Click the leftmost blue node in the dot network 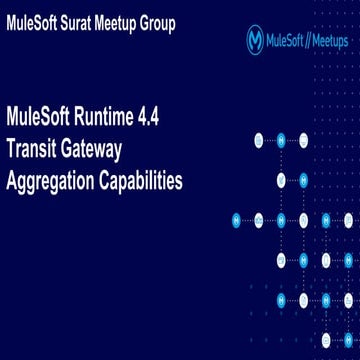click(x=237, y=218)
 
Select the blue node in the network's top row click(x=281, y=140)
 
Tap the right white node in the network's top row click(x=303, y=140)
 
